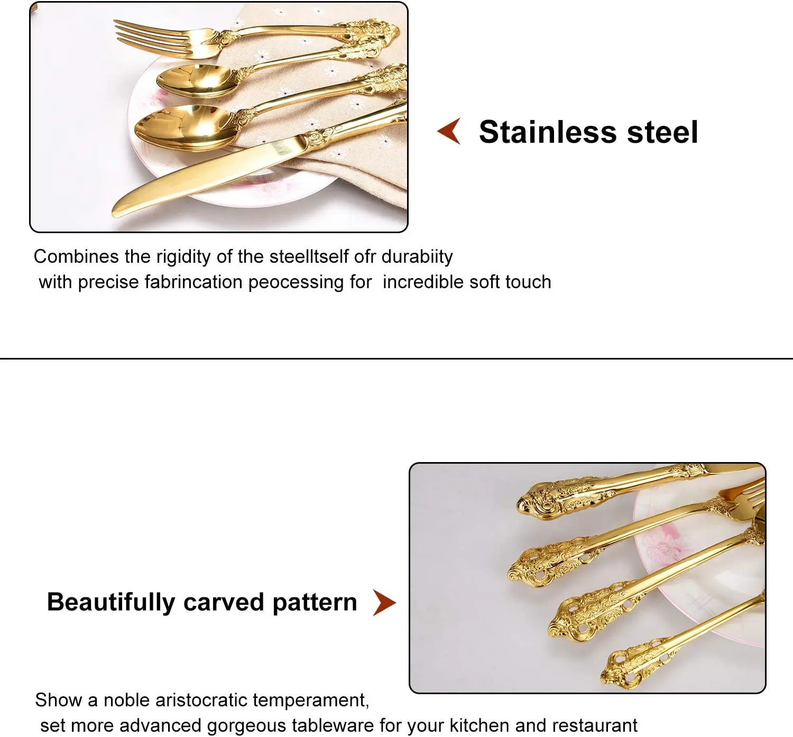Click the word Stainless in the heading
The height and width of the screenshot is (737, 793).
[x=547, y=132]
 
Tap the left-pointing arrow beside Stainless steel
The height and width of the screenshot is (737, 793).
[x=449, y=131]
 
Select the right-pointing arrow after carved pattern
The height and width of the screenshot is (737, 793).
[x=384, y=603]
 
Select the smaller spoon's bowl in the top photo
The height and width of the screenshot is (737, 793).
[x=193, y=79]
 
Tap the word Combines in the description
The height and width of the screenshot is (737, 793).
[x=76, y=257]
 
